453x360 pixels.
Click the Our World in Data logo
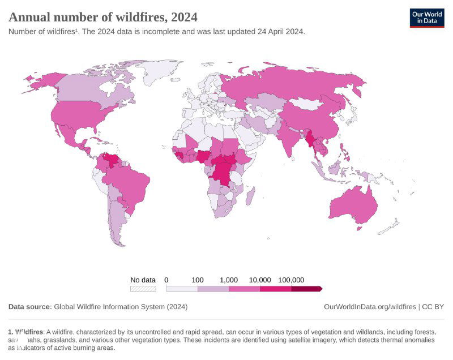click(x=427, y=18)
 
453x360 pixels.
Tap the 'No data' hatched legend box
click(x=143, y=289)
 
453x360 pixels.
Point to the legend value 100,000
click(x=291, y=280)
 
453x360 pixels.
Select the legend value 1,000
click(x=228, y=280)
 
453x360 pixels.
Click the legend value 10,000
click(x=260, y=280)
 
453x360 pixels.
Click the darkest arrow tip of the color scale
click(x=320, y=289)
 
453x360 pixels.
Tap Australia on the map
click(x=352, y=207)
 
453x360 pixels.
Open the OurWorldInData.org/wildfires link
click(x=370, y=307)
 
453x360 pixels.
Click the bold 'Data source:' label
click(x=30, y=307)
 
